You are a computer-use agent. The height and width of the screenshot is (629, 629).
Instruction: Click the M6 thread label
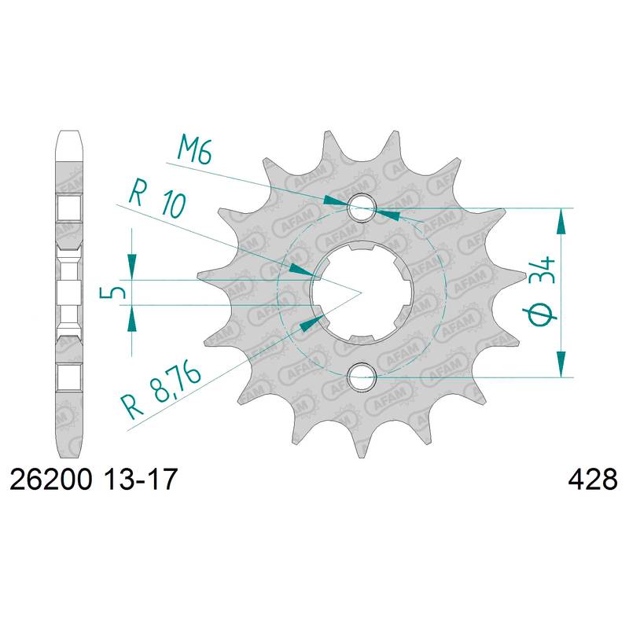(194, 150)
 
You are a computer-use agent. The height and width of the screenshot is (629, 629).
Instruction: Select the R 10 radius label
(157, 201)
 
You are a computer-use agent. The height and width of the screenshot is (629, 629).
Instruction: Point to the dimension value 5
(112, 292)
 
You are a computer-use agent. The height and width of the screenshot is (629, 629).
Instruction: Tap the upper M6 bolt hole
(362, 208)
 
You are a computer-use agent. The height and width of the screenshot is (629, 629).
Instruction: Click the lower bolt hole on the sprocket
(362, 377)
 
